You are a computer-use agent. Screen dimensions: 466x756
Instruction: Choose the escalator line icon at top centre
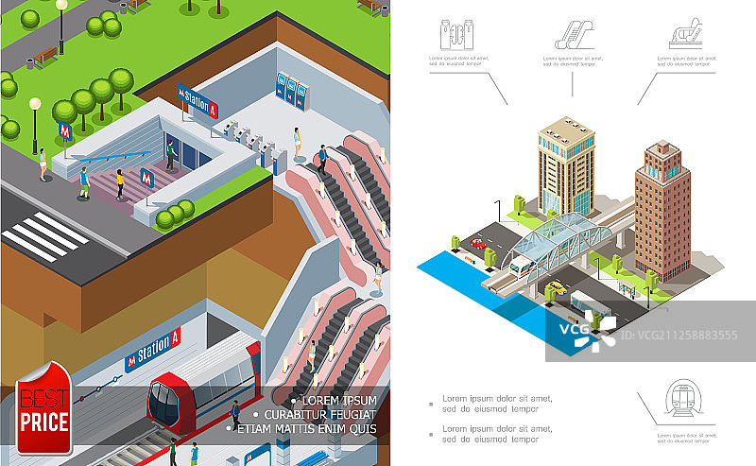pos(573,34)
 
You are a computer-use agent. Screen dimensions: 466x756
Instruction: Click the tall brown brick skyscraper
pos(662,210)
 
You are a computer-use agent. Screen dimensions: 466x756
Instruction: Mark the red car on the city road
pos(478,244)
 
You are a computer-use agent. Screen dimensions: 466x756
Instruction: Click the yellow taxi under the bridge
pos(558,287)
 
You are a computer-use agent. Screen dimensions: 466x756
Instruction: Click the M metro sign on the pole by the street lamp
pos(65,130)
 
